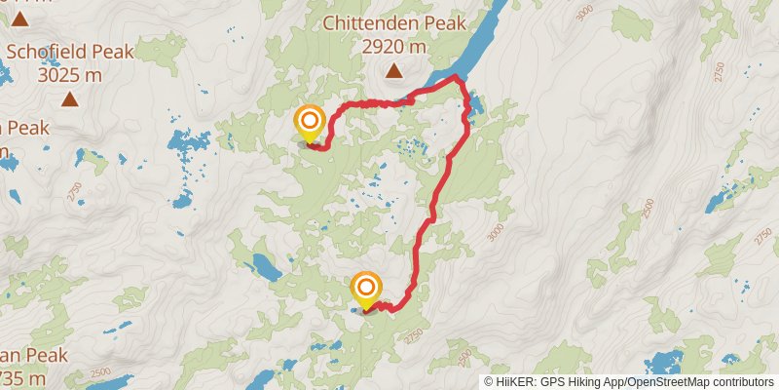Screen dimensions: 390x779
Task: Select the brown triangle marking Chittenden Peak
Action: point(393,69)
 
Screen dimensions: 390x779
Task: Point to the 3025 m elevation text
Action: point(69,74)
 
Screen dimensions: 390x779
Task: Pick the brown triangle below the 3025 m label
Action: point(69,98)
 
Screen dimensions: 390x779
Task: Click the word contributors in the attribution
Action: point(741,382)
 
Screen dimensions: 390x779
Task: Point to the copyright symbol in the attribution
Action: point(489,382)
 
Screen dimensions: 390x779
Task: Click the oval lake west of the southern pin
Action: point(263,264)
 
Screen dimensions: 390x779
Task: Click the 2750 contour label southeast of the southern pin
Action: point(416,334)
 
